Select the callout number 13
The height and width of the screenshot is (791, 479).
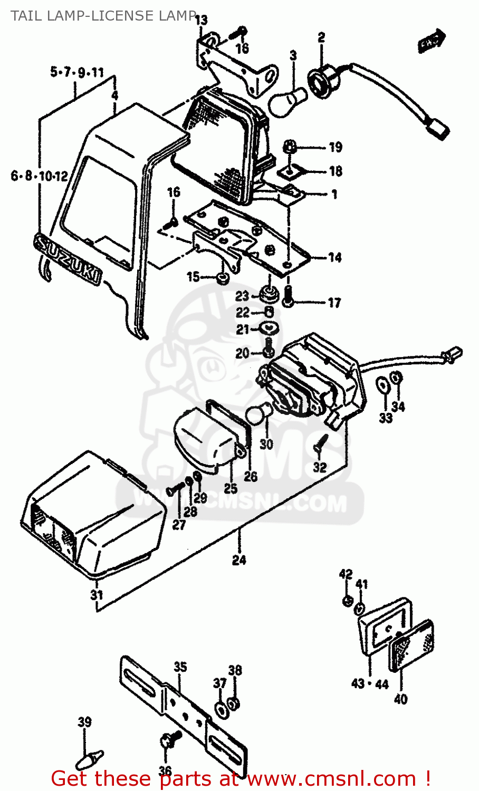(201, 21)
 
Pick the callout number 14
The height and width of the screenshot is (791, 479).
(334, 257)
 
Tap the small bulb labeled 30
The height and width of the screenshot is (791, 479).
(259, 413)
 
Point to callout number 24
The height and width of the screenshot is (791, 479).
(239, 560)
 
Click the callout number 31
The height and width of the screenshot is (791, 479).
(96, 595)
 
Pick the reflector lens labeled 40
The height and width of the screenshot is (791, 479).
(411, 648)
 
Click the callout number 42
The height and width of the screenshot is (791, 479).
(346, 574)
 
